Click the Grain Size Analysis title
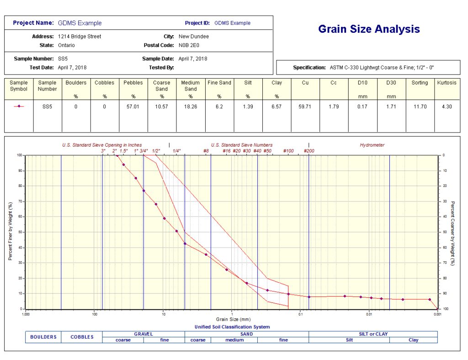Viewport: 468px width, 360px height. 369,29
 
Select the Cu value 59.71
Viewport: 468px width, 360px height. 305,106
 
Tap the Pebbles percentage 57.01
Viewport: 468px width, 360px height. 133,106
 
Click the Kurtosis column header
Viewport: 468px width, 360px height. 446,83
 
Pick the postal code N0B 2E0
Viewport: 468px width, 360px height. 189,45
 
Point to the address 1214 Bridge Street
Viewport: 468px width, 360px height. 80,36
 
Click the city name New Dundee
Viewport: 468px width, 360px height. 194,36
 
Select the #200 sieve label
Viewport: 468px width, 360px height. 309,151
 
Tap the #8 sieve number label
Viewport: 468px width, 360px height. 206,151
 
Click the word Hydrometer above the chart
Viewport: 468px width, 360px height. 372,145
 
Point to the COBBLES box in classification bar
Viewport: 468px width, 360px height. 82,337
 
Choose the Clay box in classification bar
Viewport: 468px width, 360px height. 413,340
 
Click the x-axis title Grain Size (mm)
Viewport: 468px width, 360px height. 233,319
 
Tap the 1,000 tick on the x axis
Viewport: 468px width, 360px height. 26,314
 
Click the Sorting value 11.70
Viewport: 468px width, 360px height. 420,106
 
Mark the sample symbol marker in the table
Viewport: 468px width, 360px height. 19,106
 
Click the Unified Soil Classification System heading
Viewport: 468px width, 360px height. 232,327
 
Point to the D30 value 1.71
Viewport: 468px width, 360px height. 391,106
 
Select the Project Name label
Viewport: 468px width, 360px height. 33,23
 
